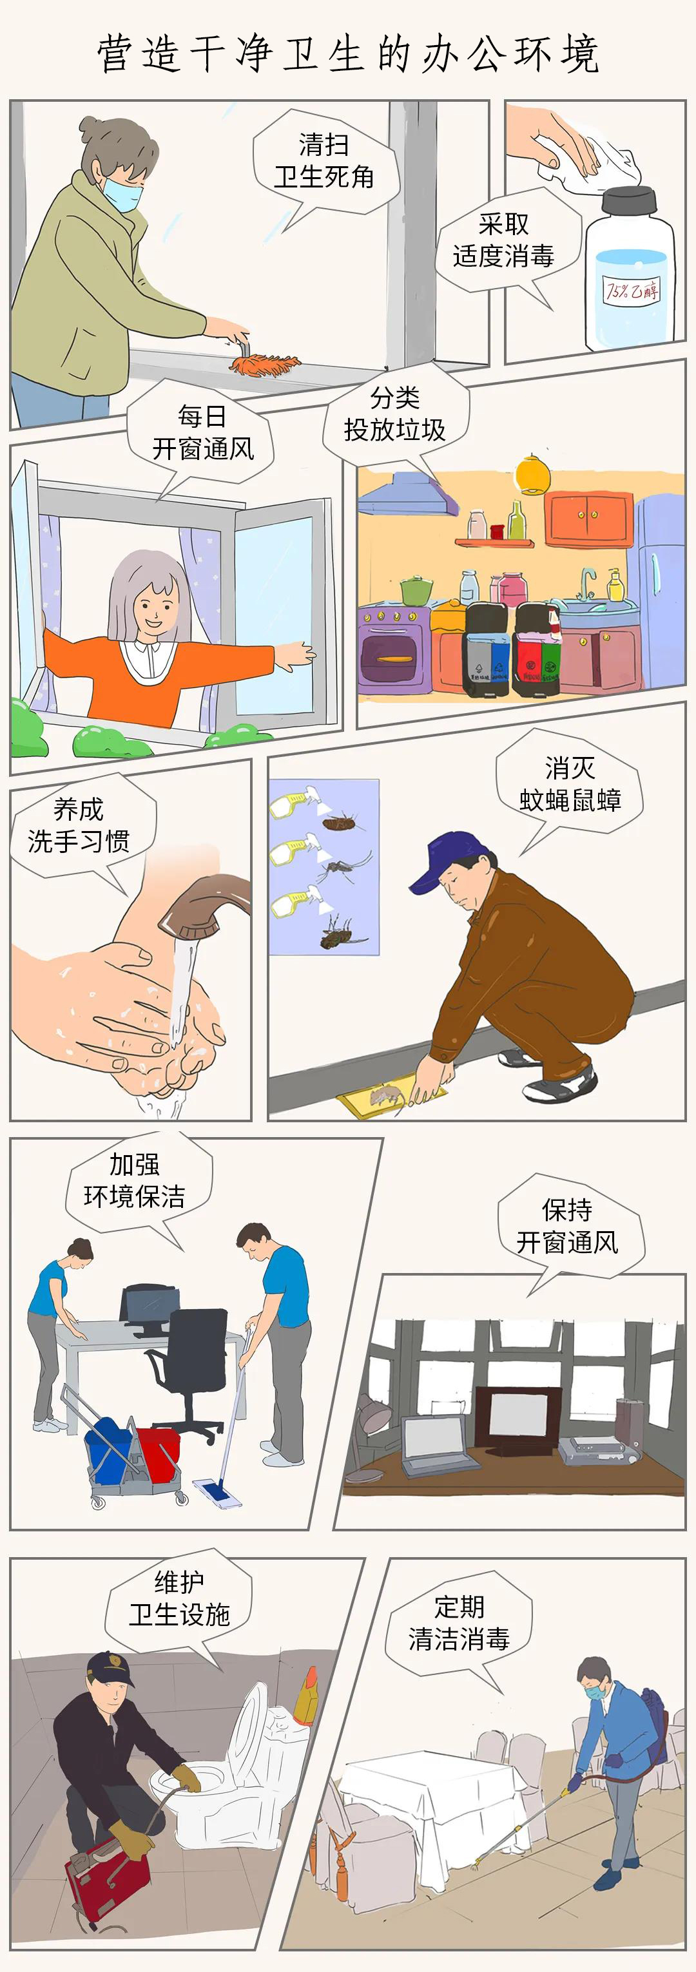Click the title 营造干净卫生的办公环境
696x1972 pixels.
347,53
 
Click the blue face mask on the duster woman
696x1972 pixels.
123,193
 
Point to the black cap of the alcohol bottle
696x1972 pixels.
630,200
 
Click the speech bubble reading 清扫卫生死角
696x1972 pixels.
325,162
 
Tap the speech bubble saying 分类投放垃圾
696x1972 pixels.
394,414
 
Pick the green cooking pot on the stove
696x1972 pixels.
416,590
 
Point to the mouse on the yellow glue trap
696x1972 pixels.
387,1097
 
